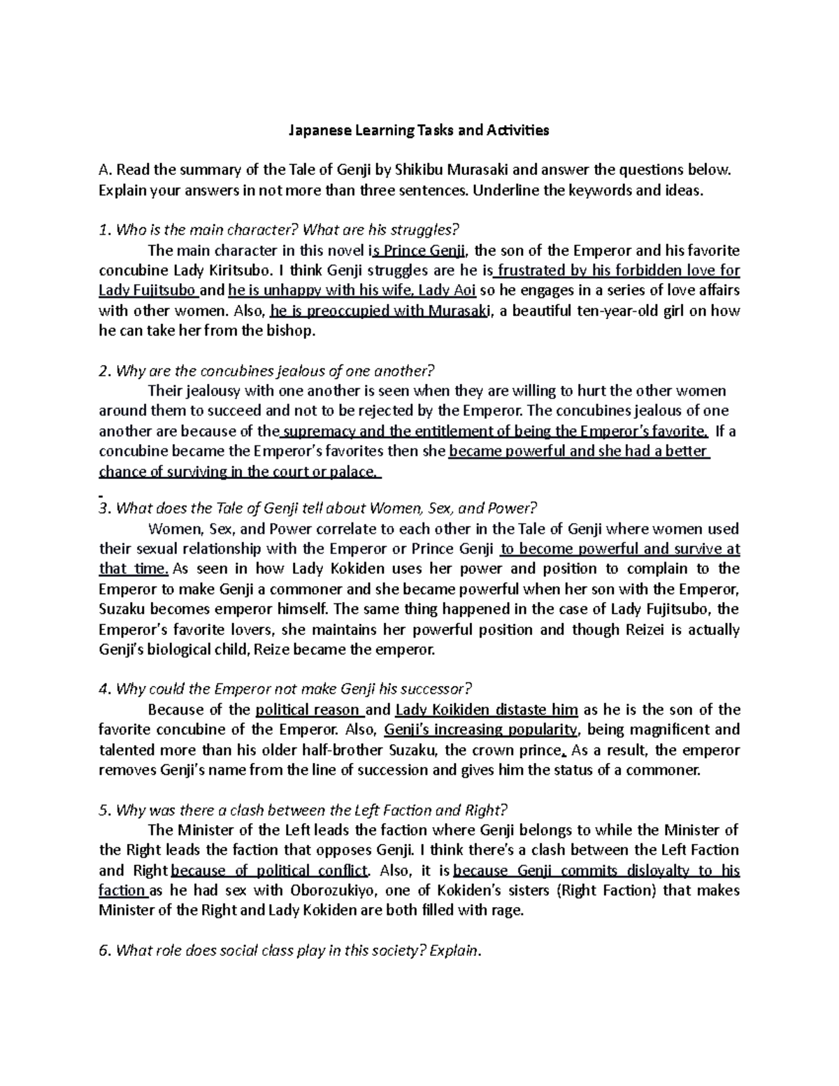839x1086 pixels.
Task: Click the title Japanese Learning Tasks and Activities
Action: [x=419, y=130]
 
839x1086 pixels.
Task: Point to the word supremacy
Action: [x=319, y=431]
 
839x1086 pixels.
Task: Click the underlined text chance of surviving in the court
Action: [x=239, y=472]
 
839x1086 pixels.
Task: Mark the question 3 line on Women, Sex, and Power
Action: [x=317, y=508]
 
